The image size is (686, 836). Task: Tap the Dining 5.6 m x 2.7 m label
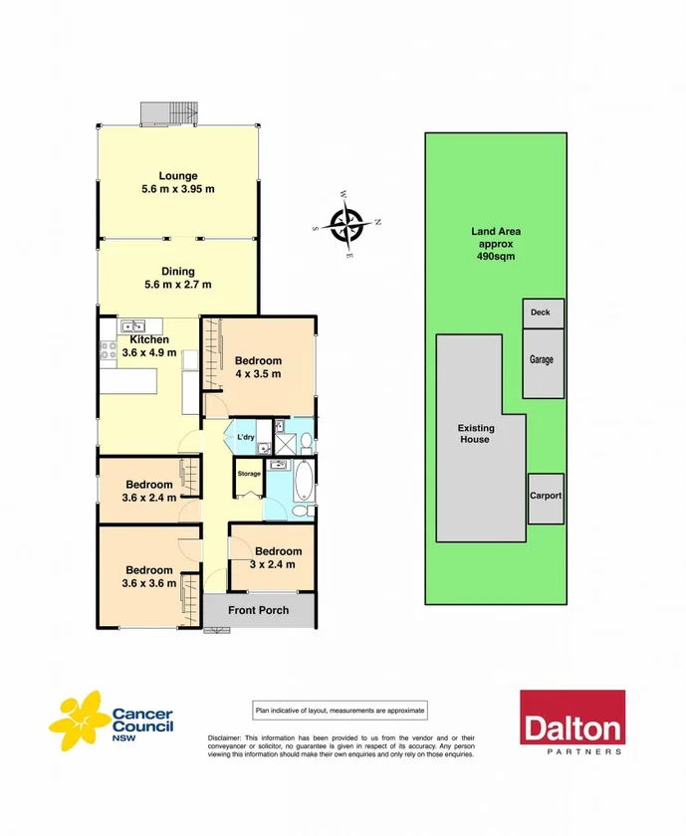178,278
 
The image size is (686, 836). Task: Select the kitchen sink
132,325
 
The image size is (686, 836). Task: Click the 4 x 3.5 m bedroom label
258,367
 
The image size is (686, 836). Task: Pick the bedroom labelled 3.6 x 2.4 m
148,491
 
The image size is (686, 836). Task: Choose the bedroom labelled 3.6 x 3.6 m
148,577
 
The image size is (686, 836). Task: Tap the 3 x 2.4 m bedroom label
278,558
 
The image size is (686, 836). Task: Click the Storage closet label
248,474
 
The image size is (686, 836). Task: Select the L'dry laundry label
244,437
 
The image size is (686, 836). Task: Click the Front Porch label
258,610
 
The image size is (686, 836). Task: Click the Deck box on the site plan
543,313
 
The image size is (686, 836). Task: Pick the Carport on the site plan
545,497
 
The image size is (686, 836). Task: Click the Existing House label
475,433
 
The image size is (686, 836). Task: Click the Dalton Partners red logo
572,722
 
